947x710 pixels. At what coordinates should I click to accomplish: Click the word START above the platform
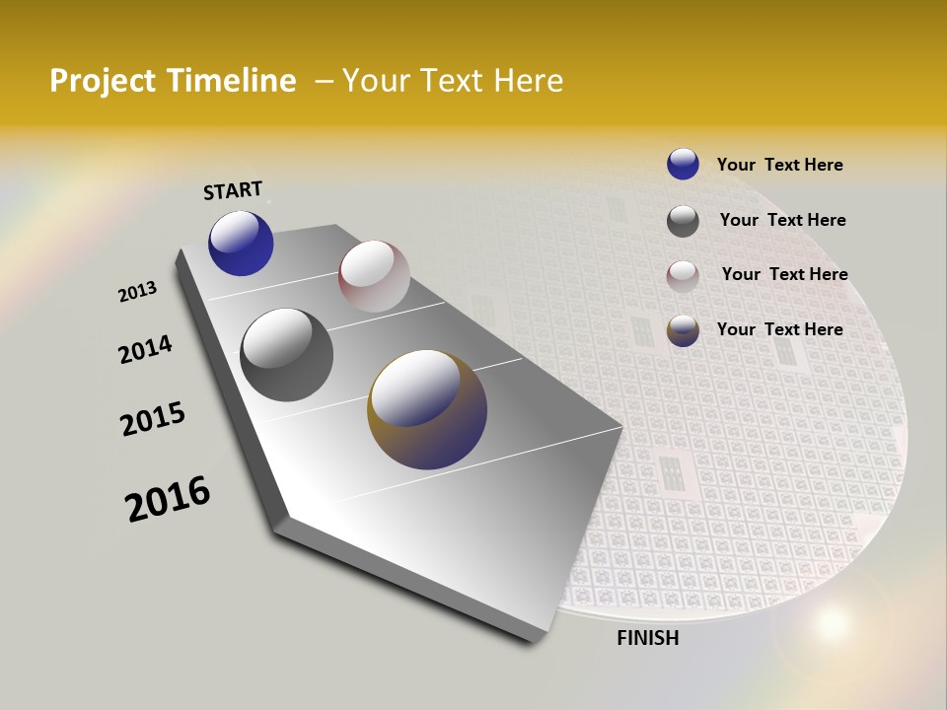tap(233, 189)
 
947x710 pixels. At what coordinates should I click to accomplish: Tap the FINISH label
tap(648, 638)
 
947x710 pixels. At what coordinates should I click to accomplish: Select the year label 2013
tap(137, 292)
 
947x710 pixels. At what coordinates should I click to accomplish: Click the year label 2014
tap(145, 349)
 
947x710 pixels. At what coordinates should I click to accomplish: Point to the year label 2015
tap(153, 419)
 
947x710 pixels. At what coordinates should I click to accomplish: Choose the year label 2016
tap(168, 499)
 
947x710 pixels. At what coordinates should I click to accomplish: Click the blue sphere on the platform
tap(241, 244)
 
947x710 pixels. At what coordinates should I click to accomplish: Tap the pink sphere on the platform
tap(374, 276)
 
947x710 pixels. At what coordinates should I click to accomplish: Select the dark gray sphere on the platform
tap(286, 355)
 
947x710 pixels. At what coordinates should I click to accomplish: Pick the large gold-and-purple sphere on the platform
tap(427, 409)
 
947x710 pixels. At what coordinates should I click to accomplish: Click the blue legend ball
tap(683, 164)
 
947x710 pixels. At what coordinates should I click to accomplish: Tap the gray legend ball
tap(683, 221)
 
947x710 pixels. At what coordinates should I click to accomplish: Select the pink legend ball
tap(683, 276)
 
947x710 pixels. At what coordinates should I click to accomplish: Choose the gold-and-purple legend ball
tap(683, 330)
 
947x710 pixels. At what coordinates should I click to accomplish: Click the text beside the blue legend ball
tap(779, 165)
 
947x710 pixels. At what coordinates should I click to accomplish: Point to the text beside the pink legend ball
tap(784, 274)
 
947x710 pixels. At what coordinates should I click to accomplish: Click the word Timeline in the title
tap(232, 81)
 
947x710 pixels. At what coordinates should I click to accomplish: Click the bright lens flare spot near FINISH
tap(833, 621)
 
